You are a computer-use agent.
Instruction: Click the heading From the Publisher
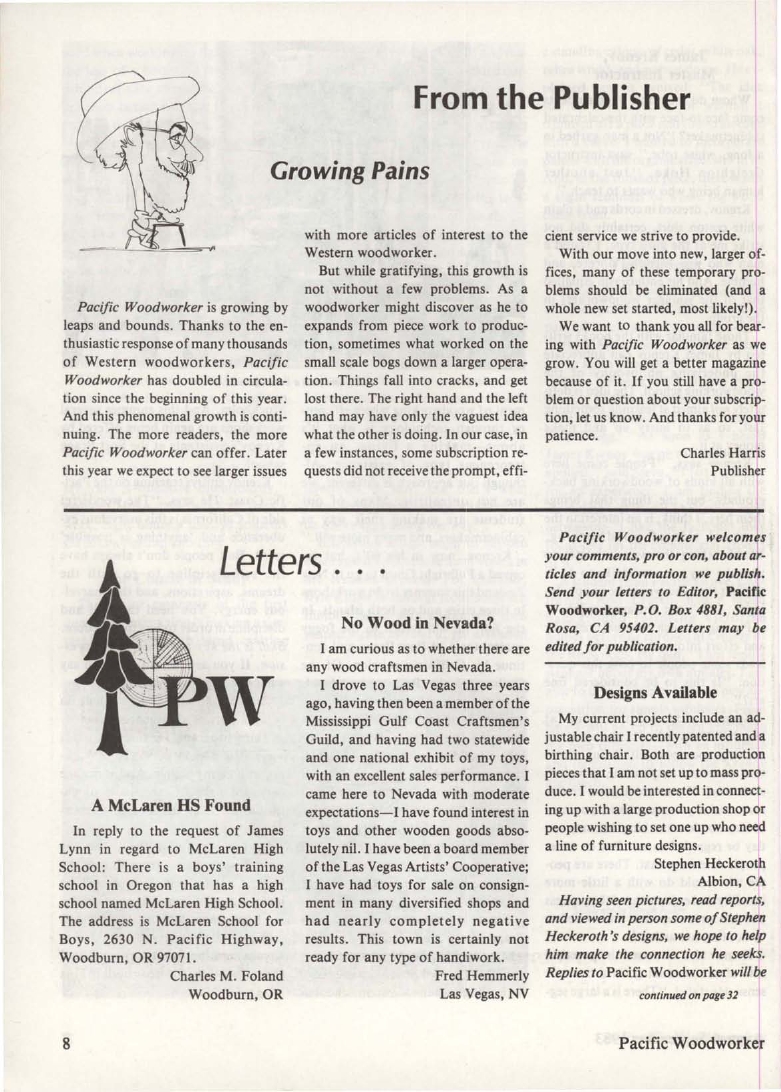pos(551,98)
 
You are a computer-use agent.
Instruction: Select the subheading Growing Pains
pos(349,170)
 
